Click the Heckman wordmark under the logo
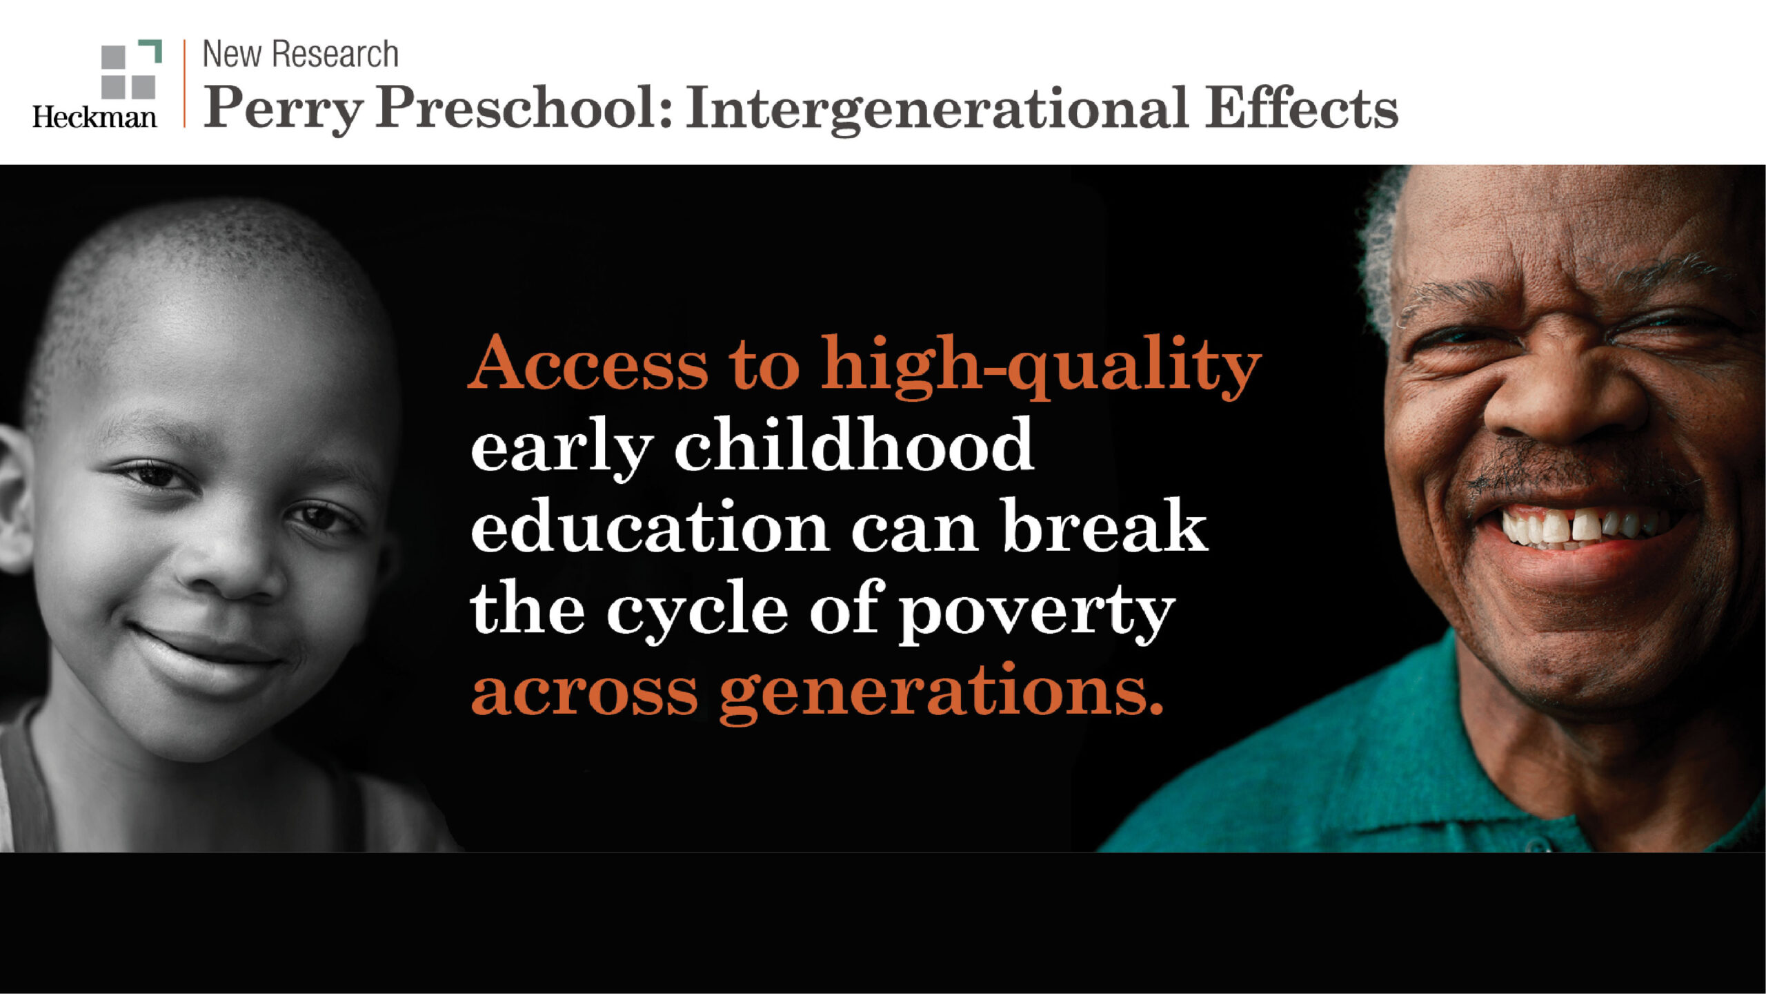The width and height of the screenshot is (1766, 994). [95, 117]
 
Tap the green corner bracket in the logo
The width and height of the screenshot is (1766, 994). [153, 49]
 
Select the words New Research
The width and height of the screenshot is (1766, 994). [300, 54]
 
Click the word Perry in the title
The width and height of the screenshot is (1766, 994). [283, 109]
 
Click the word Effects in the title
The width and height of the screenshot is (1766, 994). [1301, 109]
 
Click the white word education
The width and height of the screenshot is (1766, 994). [649, 527]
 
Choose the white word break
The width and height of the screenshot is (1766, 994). [1104, 527]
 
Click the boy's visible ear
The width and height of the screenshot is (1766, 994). [14, 497]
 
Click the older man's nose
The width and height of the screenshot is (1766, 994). [1566, 400]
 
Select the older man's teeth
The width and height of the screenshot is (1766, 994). [1587, 528]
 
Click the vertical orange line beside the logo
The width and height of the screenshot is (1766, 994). [184, 84]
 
